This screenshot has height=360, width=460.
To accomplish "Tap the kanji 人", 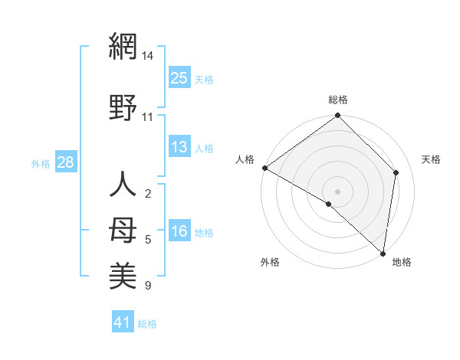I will (x=123, y=186).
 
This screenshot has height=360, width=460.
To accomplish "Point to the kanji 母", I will (x=123, y=228).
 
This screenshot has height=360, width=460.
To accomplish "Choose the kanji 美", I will (x=123, y=274).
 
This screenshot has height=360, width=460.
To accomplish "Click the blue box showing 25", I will (x=179, y=77).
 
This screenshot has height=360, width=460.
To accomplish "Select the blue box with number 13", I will (x=179, y=147).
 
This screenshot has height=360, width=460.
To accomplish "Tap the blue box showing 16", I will (x=179, y=232).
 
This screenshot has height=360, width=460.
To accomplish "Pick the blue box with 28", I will (x=65, y=162).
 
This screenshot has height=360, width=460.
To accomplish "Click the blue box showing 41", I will (x=123, y=322).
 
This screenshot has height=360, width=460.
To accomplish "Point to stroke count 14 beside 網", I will (x=148, y=56).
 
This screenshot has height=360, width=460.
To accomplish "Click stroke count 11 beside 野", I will (x=148, y=116).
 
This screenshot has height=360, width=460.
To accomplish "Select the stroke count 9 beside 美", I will (x=148, y=286).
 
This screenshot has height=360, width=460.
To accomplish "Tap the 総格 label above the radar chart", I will (x=338, y=100).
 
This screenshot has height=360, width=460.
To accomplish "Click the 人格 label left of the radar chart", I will (x=245, y=159).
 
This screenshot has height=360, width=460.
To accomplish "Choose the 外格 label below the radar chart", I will (x=270, y=262).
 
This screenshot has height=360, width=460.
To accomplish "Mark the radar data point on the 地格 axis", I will (x=383, y=254).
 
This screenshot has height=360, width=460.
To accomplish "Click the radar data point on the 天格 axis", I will (x=396, y=172).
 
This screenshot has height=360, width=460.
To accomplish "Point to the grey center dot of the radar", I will (x=338, y=191).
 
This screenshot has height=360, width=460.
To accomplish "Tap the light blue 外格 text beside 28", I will (x=41, y=163).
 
